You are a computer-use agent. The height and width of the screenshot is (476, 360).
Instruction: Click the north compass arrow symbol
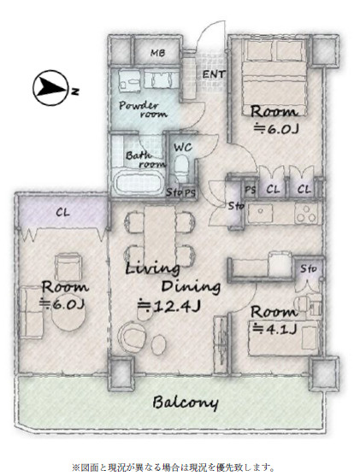[50, 88]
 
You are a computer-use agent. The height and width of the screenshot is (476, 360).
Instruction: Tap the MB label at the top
[158, 53]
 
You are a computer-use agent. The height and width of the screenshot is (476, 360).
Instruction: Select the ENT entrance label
[214, 74]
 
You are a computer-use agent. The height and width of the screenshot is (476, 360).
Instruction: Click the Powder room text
[143, 109]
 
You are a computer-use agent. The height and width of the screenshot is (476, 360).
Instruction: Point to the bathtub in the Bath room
[139, 182]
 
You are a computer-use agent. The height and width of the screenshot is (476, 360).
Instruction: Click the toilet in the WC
[182, 167]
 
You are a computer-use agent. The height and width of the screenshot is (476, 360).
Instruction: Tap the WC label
[183, 148]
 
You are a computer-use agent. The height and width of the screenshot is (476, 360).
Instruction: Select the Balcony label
[186, 403]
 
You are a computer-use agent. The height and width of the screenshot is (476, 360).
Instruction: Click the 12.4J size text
[169, 306]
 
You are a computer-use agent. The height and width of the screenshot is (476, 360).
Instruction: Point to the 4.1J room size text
[274, 328]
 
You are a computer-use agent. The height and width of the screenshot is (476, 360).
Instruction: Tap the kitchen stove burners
[306, 214]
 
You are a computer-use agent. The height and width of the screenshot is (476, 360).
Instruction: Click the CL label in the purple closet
[63, 213]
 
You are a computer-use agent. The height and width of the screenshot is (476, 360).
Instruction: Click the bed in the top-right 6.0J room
[274, 78]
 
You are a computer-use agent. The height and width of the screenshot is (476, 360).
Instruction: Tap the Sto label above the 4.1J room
[309, 268]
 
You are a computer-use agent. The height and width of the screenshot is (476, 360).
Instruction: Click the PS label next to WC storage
[190, 192]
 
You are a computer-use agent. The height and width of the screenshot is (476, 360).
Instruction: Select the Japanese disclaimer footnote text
[174, 467]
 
